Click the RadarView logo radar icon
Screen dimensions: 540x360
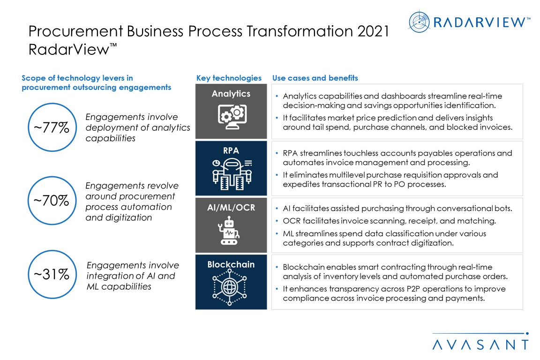[419, 22]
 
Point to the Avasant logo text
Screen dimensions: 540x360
[481, 345]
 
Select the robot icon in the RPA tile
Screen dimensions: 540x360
[232, 174]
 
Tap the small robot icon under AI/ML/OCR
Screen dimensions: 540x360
[229, 231]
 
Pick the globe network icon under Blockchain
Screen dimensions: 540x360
[230, 287]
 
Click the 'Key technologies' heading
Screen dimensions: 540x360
[229, 78]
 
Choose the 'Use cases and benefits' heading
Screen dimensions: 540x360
[315, 78]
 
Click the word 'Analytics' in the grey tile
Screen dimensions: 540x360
[231, 94]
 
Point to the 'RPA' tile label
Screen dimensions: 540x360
[231, 150]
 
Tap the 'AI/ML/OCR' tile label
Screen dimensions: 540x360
[231, 207]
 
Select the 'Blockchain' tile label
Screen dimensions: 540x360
[231, 264]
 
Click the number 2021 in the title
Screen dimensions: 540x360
[373, 31]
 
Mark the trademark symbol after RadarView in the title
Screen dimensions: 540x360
[113, 45]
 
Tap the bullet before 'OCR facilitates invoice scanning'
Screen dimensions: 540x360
[277, 221]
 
